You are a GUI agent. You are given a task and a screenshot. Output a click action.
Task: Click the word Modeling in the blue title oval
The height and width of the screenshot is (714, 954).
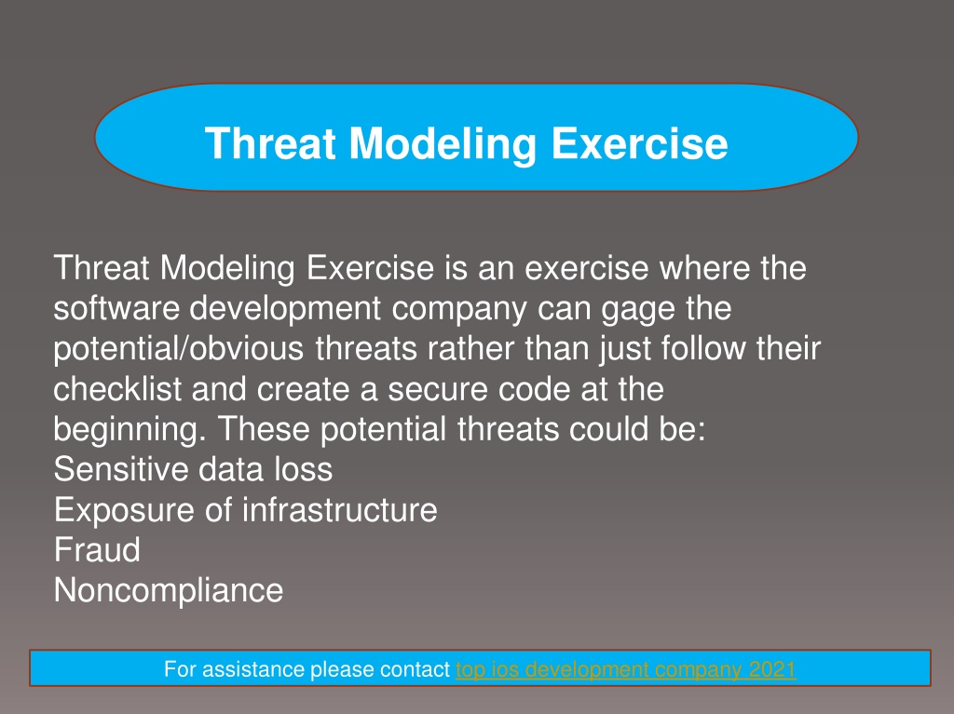click(443, 144)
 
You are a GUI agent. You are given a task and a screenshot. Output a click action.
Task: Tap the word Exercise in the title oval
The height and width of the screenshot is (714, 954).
click(639, 143)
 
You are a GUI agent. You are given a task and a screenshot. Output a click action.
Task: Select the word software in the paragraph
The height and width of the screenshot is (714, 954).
click(116, 308)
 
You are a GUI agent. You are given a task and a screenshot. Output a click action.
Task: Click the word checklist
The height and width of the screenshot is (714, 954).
click(117, 388)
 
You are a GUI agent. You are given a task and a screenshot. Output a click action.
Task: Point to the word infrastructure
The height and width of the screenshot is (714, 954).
click(339, 509)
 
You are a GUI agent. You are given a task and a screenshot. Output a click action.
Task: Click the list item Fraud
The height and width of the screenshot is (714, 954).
click(97, 550)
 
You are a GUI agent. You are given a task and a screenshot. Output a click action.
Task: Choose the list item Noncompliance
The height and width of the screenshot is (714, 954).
click(169, 590)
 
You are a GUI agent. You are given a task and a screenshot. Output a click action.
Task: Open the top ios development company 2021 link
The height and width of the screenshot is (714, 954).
click(625, 669)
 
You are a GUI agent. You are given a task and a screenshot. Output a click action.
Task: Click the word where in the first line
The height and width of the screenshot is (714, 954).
click(704, 267)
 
